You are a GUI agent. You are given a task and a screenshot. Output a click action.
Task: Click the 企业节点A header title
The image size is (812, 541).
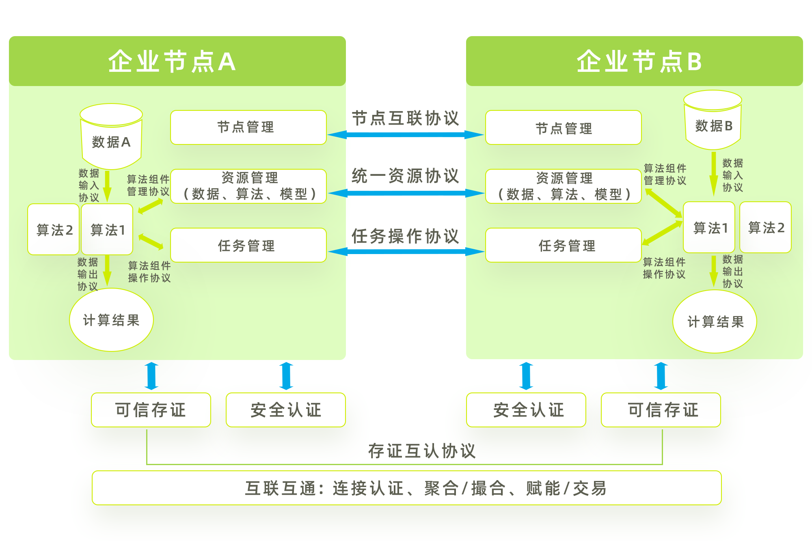click(x=172, y=62)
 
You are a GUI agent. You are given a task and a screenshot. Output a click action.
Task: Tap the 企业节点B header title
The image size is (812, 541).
click(x=639, y=62)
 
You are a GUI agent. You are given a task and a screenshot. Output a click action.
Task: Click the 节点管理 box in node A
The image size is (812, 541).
click(x=248, y=127)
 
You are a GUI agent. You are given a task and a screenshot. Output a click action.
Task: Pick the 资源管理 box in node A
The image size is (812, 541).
click(x=248, y=186)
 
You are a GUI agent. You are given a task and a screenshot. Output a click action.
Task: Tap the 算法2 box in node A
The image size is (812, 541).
click(x=54, y=230)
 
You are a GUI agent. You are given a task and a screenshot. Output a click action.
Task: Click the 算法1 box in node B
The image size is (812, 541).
click(x=709, y=228)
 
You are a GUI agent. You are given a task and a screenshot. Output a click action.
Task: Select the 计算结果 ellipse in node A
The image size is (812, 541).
click(x=111, y=320)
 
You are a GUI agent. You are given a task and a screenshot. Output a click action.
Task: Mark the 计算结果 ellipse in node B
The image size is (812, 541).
click(x=715, y=321)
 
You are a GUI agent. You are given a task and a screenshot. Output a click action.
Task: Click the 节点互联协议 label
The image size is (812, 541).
click(x=405, y=118)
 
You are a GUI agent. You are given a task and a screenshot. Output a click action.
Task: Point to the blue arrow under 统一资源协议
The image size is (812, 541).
click(x=406, y=193)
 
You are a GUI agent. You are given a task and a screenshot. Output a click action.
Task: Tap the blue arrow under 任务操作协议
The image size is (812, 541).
click(x=406, y=252)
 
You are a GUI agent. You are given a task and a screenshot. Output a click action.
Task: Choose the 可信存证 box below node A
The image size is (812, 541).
click(x=151, y=410)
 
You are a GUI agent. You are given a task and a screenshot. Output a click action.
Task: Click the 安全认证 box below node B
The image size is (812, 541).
click(x=526, y=410)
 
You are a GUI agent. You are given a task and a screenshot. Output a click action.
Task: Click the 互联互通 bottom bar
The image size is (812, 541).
click(x=406, y=488)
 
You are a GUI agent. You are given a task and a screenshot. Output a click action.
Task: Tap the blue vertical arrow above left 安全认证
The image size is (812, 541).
click(x=286, y=376)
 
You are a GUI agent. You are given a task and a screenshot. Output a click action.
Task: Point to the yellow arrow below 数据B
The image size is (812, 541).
click(x=713, y=174)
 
